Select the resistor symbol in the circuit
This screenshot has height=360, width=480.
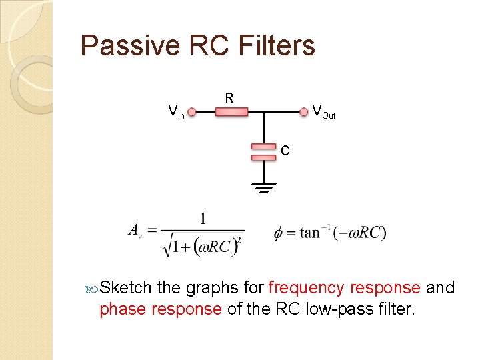click(x=231, y=113)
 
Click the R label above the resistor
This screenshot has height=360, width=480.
click(x=229, y=98)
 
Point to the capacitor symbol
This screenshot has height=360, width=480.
click(x=264, y=151)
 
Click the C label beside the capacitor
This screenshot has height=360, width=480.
click(x=285, y=151)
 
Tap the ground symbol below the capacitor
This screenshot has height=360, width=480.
click(x=264, y=187)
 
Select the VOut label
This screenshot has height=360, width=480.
click(x=324, y=112)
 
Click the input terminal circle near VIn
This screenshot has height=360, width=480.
click(x=192, y=113)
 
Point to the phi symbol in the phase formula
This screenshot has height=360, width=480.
click(x=279, y=234)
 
